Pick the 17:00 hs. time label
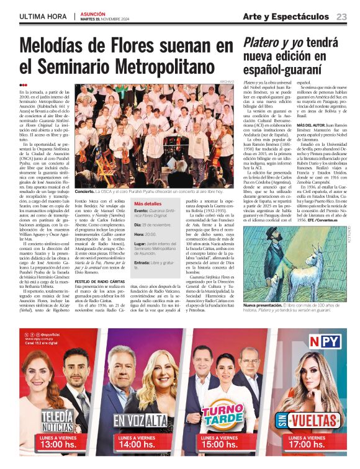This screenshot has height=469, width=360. [x=309, y=445]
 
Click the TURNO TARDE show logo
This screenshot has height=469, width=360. [x=222, y=416]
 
